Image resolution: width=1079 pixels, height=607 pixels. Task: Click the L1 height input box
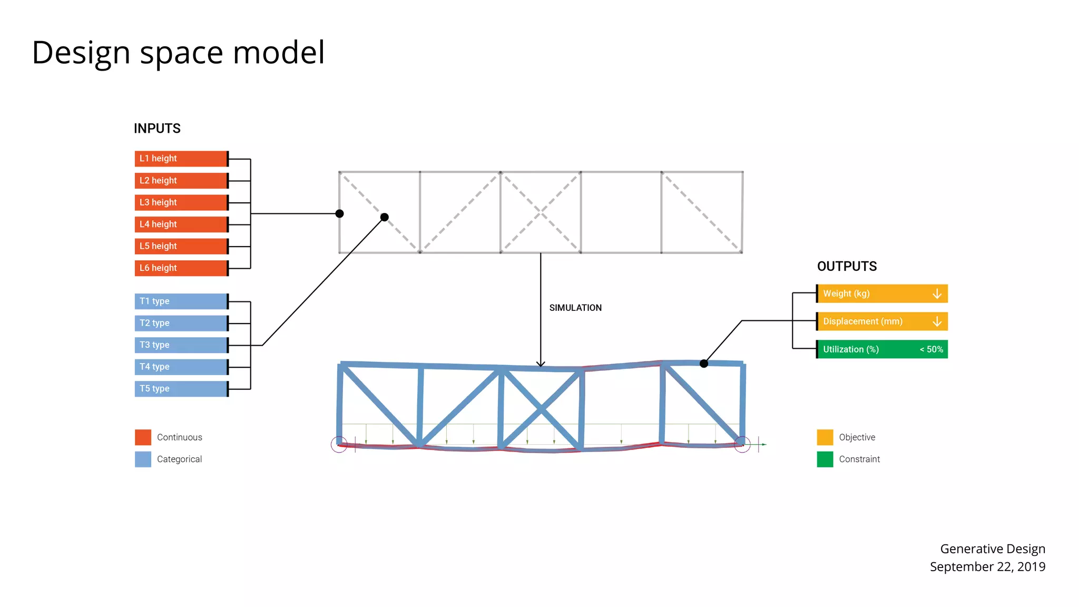pos(181,159)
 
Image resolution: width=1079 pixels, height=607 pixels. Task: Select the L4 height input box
pos(181,224)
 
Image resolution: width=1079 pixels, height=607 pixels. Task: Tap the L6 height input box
pos(181,268)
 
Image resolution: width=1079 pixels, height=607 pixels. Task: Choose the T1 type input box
pos(181,301)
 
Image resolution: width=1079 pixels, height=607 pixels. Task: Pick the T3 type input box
pos(181,345)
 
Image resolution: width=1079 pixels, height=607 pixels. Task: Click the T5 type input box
pos(181,389)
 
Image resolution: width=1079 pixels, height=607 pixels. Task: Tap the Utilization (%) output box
pos(864,349)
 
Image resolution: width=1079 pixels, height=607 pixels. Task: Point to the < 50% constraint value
pos(931,349)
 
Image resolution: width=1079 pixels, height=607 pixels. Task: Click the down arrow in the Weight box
pos(937,293)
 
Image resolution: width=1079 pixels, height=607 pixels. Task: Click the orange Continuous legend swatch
pos(143,437)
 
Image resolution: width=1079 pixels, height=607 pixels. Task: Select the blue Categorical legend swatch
pos(143,459)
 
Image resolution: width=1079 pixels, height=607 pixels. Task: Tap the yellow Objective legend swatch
pos(825,437)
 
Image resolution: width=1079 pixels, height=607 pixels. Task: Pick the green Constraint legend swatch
pos(825,459)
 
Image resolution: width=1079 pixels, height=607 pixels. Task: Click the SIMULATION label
pos(575,308)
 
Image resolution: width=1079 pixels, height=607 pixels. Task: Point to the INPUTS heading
pos(157,129)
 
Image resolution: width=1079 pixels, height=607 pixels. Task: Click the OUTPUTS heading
pos(847,267)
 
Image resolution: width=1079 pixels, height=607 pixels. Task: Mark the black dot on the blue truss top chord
pos(704,364)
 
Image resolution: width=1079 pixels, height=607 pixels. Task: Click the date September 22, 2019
pos(987,567)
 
